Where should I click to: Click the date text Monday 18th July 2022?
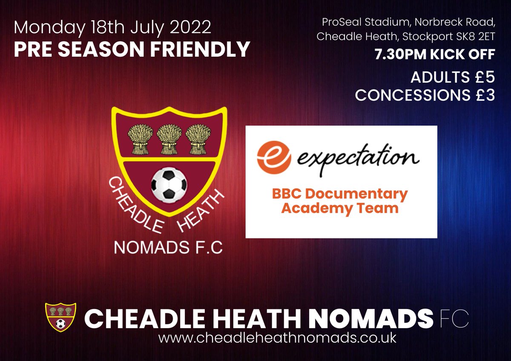(x=112, y=28)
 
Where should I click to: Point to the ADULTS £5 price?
(x=452, y=77)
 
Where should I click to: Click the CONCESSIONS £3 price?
(x=425, y=95)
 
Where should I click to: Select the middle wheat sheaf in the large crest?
(x=169, y=139)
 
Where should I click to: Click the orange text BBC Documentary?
(x=340, y=194)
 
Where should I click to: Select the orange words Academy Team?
(x=340, y=209)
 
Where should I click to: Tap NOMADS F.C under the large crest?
(x=169, y=249)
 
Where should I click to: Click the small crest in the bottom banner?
(x=60, y=317)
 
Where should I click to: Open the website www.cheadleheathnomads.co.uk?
(x=277, y=338)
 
